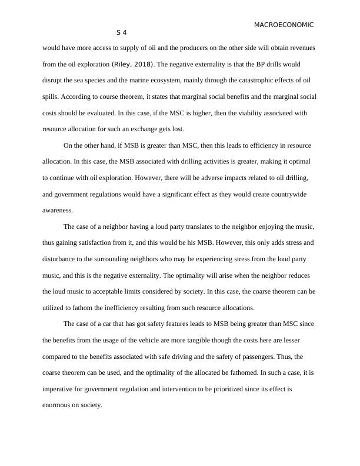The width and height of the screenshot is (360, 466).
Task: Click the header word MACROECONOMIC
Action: click(284, 25)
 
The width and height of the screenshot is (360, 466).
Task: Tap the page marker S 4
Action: click(122, 32)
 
